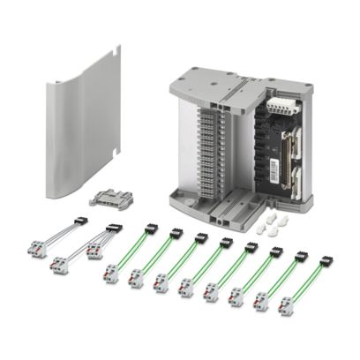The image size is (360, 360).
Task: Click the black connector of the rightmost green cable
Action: click(326, 261)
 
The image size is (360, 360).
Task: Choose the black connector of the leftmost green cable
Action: click(150, 229)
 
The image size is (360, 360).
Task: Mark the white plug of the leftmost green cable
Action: click(111, 273)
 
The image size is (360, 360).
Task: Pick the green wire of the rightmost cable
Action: click(306, 283)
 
